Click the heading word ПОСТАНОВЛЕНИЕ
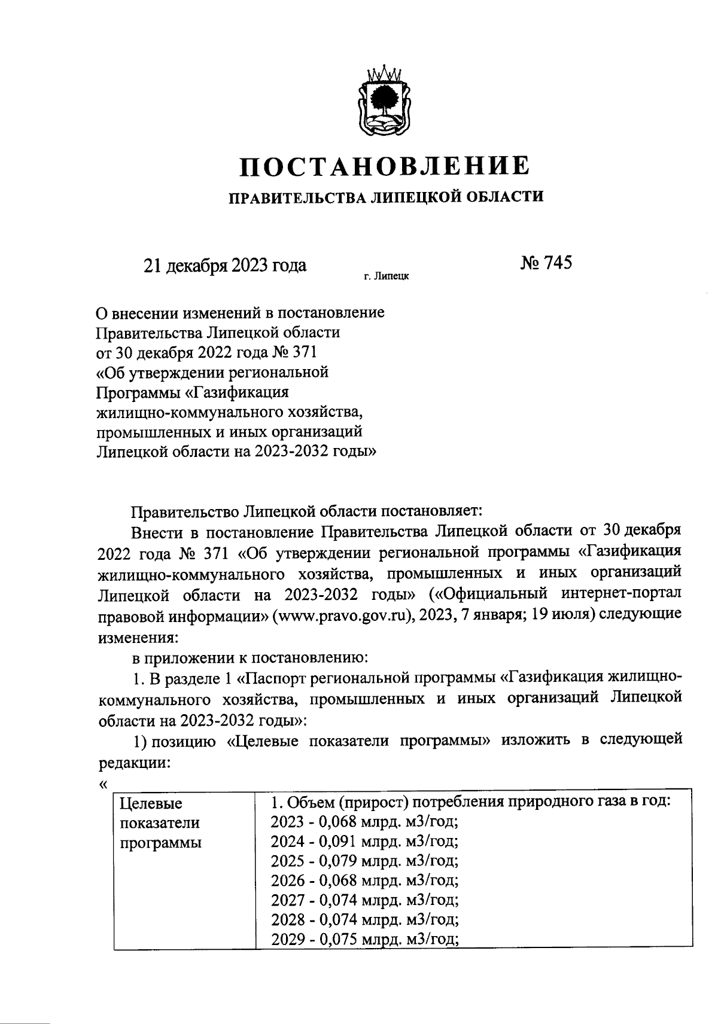pos(384,166)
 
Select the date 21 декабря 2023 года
pos(224,266)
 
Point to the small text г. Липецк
pos(387,278)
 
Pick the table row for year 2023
pos(364,822)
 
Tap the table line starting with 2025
pos(364,861)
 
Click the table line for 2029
pos(364,939)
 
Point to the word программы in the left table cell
pos(160,843)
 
